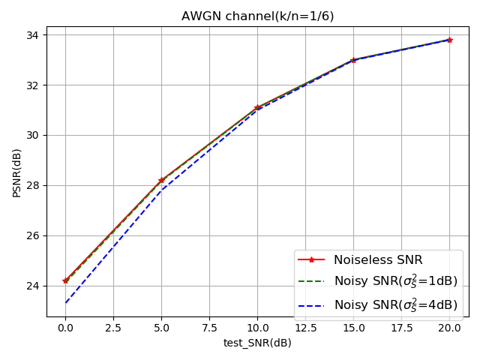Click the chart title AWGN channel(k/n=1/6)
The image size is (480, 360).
pyautogui.click(x=257, y=16)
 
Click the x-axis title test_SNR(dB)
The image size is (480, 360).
pyautogui.click(x=257, y=343)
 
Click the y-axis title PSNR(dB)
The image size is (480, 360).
pyautogui.click(x=16, y=172)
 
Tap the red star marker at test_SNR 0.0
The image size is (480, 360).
pyautogui.click(x=65, y=280)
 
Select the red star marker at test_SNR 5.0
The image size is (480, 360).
pyautogui.click(x=161, y=180)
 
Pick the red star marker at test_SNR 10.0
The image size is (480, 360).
pyautogui.click(x=257, y=107)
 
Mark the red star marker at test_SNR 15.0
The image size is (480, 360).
pyautogui.click(x=353, y=60)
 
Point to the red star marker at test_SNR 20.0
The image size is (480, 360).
pyautogui.click(x=449, y=40)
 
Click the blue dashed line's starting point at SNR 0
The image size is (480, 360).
pyautogui.click(x=65, y=303)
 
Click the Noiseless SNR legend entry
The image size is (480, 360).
pyautogui.click(x=378, y=260)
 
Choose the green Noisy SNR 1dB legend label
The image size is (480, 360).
pyautogui.click(x=395, y=282)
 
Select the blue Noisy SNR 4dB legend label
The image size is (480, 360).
pyautogui.click(x=395, y=304)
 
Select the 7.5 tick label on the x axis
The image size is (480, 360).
pyautogui.click(x=209, y=328)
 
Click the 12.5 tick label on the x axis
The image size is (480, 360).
pyautogui.click(x=305, y=328)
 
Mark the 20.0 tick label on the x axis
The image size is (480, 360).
pyautogui.click(x=449, y=328)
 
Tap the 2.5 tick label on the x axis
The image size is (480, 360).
pyautogui.click(x=113, y=328)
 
